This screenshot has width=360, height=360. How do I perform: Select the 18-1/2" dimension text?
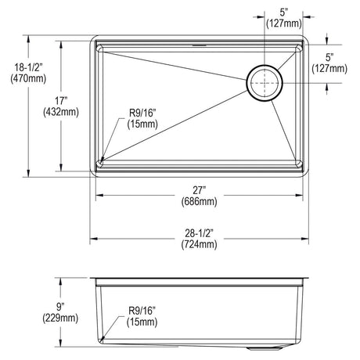(x=28, y=67)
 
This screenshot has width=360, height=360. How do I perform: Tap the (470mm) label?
(x=28, y=78)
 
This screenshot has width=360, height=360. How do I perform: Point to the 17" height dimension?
(x=61, y=101)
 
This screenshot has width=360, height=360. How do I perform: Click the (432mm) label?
(x=61, y=112)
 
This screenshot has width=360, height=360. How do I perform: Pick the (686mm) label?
(x=200, y=201)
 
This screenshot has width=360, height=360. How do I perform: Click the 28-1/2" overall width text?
(x=200, y=232)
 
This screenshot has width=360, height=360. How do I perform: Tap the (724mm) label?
(x=200, y=244)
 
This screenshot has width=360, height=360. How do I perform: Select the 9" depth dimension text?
(x=60, y=307)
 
